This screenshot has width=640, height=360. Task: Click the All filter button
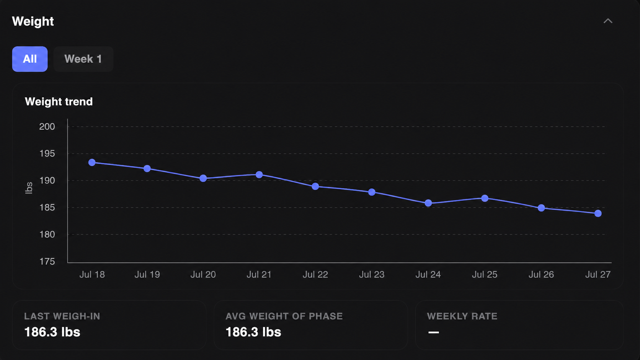coord(30,59)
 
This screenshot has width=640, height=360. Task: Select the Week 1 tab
coord(83,59)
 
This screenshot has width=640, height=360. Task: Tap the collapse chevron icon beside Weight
coord(608,21)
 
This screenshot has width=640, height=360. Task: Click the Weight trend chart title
coord(59,102)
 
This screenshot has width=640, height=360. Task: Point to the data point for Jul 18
coord(92,163)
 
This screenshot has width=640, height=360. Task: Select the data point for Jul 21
coord(259,175)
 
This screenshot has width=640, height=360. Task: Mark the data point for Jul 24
coord(428,203)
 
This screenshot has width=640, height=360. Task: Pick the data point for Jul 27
coord(598,213)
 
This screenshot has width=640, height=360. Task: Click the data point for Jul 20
coord(203,178)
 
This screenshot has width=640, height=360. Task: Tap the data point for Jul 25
coord(485,198)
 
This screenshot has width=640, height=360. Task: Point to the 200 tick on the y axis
coord(47,127)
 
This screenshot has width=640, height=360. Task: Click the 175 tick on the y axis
coord(47,262)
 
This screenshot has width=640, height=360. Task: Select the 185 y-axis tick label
coord(47,208)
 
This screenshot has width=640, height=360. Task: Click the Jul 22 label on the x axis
coord(315,275)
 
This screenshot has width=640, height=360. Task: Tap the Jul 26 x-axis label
coord(541,275)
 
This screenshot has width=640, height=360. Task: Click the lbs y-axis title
coord(29,188)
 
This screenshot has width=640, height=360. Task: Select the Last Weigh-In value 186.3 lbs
coord(52,332)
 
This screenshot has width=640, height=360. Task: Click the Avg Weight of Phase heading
coord(284,316)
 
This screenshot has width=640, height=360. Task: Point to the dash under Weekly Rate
coord(433,332)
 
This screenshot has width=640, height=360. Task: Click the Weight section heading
coord(33,21)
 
